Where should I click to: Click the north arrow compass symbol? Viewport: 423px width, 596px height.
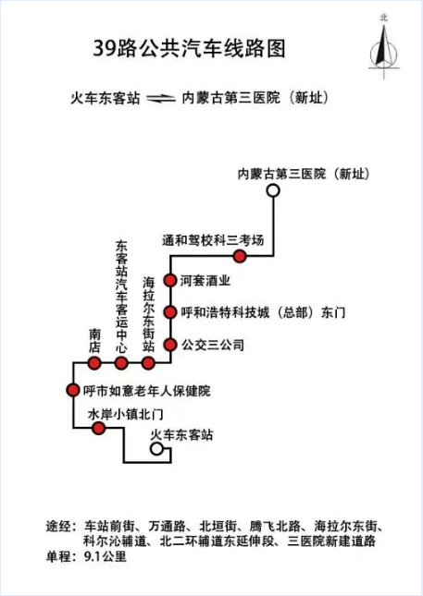pos(383,47)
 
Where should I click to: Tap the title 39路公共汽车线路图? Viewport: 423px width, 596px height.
pos(189,49)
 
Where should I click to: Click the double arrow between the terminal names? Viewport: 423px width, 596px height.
pos(161,99)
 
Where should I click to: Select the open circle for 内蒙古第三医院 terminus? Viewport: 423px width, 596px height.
pos(273,190)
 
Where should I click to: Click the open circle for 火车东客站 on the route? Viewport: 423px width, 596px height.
pos(156,449)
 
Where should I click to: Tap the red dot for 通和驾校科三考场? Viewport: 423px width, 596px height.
pos(240,256)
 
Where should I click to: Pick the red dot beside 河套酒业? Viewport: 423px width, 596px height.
pos(170,280)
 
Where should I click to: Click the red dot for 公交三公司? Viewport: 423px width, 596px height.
pos(170,345)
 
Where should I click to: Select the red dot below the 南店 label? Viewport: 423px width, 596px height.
pos(94,363)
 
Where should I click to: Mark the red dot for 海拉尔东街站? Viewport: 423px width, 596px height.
pos(148,363)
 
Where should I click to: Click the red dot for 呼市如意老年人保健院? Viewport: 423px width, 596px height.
pos(72,390)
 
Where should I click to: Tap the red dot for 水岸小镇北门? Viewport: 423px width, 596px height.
pos(99,429)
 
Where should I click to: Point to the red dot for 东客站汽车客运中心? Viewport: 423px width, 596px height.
pos(121,363)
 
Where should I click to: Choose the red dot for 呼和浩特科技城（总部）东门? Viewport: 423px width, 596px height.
pos(170,312)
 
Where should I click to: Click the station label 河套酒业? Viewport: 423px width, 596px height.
pos(205,281)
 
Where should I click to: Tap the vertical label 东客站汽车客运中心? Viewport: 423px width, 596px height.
pos(121,297)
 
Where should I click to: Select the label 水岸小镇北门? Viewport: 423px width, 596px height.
pos(126,414)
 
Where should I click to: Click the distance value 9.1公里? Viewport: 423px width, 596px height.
pos(106,557)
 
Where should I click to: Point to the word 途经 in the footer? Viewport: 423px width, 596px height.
pos(58,527)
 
